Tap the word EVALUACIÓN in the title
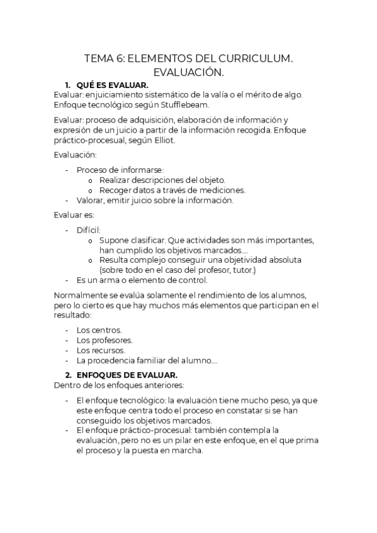pos(188,74)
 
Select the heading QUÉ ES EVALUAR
pos(112,85)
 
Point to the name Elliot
pos(162,140)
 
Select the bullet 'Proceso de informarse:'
pos(120,170)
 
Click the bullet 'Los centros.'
pos(99,330)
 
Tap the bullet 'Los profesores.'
pos(104,340)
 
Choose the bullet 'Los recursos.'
pos(100,350)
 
